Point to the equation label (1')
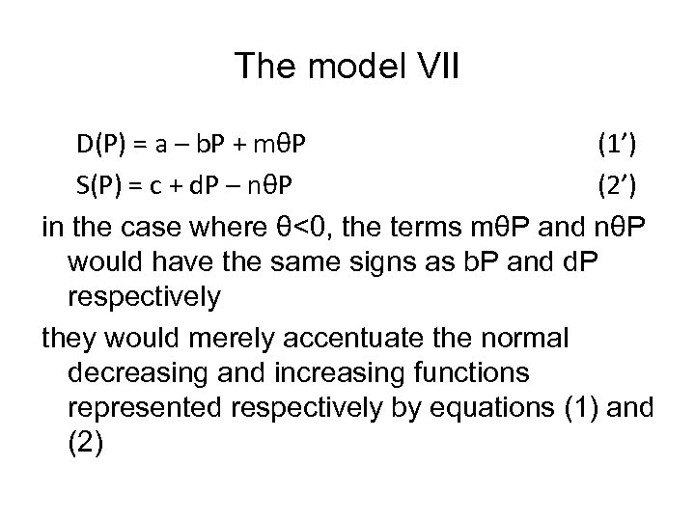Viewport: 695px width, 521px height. [x=614, y=146]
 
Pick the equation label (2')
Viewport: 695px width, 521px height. [x=614, y=183]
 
